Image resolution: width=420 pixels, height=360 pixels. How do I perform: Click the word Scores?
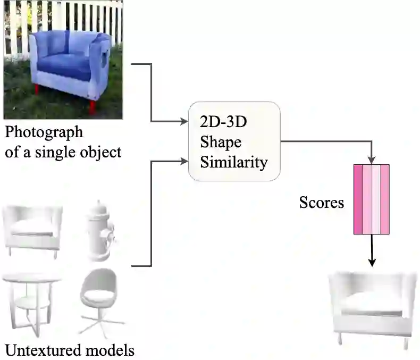point(321,203)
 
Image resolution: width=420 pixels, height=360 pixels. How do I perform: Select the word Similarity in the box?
point(234,162)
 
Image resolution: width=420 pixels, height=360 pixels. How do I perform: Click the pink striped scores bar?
point(372,199)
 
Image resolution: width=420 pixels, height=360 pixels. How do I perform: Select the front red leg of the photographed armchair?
point(93,107)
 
